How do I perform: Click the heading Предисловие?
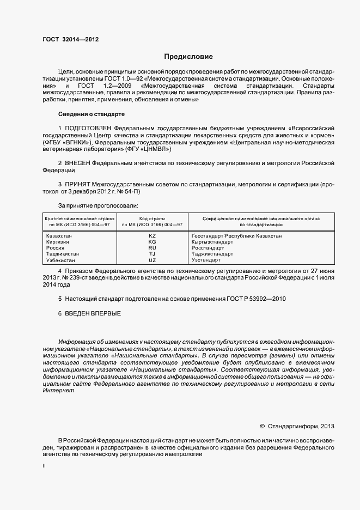point(188,57)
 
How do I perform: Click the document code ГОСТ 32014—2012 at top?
point(70,39)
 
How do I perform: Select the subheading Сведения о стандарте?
point(91,114)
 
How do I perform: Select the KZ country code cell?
point(152,235)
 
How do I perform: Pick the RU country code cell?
point(152,247)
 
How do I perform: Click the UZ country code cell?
point(152,260)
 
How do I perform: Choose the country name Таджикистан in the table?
point(63,254)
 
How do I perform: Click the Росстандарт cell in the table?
point(208,247)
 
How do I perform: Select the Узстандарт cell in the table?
point(206,260)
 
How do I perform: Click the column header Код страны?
point(152,218)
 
